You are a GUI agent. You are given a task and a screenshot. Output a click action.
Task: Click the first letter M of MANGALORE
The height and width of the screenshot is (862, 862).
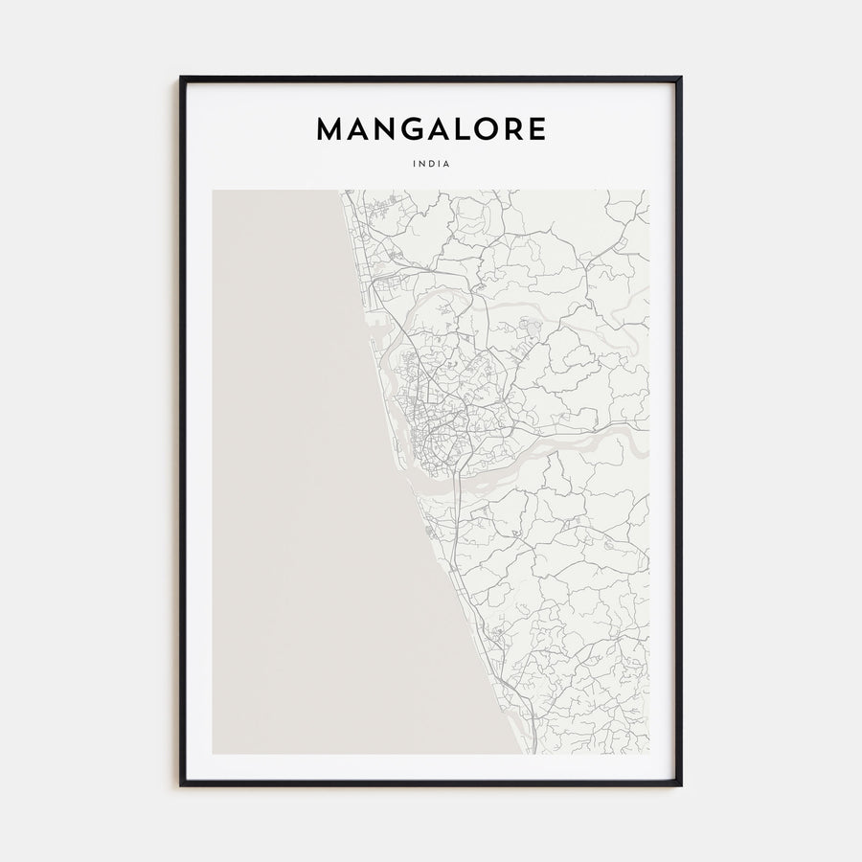coord(330,130)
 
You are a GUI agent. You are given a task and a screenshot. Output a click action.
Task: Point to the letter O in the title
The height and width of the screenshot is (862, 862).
coord(492,130)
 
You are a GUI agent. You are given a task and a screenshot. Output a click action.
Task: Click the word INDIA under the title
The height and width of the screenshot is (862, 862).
coord(431,164)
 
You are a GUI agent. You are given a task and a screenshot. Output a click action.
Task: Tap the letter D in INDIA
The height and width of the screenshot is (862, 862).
coord(431,164)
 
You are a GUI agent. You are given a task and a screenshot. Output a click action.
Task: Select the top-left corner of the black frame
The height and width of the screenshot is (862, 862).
coord(181,78)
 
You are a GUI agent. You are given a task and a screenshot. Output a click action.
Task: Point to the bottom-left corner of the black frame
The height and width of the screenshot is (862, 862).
coord(181,784)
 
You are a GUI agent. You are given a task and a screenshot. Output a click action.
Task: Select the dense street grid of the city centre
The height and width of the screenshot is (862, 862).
coord(431,421)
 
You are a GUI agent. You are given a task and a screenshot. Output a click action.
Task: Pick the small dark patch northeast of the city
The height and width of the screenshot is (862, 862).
coord(532,330)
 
